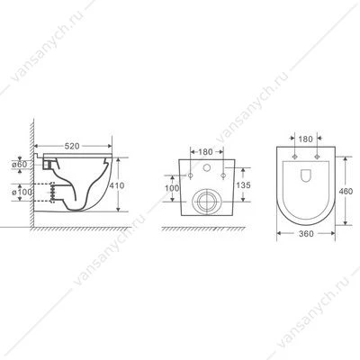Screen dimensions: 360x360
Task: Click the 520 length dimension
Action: click(72, 146)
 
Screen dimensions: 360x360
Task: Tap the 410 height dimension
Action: click(116, 185)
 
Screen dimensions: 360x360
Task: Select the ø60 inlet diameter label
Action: click(19, 165)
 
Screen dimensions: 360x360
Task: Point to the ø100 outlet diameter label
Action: click(22, 192)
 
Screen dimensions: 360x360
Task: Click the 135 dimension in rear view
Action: click(243, 185)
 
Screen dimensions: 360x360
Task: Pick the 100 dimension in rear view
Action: click(172, 188)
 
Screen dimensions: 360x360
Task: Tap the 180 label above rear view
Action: click(205, 152)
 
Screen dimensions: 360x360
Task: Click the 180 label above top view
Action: click(306, 139)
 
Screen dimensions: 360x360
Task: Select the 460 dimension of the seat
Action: click(346, 191)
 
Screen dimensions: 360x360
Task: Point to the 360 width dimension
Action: click(306, 233)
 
